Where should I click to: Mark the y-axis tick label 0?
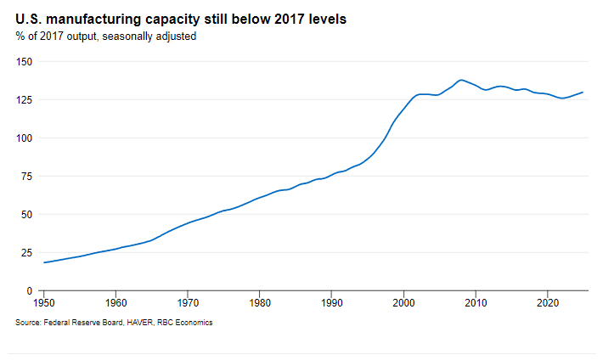(x=30, y=291)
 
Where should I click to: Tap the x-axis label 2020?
(x=549, y=301)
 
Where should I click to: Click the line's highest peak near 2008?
(x=461, y=80)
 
